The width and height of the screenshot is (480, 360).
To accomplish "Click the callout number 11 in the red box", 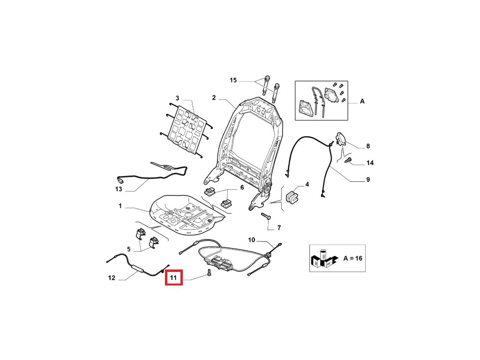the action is coord(174,278).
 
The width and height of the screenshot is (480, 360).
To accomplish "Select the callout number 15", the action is coord(233,81).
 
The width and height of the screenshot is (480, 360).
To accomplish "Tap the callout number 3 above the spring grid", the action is coord(177,98).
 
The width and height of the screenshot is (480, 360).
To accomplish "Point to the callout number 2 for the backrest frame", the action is coord(213,98).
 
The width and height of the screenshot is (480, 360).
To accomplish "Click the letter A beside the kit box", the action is coord(362,101).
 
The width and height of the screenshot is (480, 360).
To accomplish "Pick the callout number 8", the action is coord(368,146).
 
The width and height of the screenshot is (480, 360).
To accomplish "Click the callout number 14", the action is coord(370,163).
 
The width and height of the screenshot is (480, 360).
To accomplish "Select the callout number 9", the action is coord(368,180).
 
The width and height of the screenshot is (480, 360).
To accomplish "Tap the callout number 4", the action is coord(307,185).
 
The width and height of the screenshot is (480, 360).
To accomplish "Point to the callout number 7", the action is coord(278,228).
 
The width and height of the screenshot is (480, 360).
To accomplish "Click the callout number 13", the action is coord(119,189).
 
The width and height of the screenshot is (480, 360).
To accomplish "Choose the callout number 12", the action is coord(112,278).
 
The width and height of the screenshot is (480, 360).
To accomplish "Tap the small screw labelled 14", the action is coord(348,161).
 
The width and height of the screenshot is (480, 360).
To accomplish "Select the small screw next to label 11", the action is coord(209,273).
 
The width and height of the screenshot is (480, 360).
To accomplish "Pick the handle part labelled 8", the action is coord(341,139).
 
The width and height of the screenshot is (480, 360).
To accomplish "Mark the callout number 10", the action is coord(252,240).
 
